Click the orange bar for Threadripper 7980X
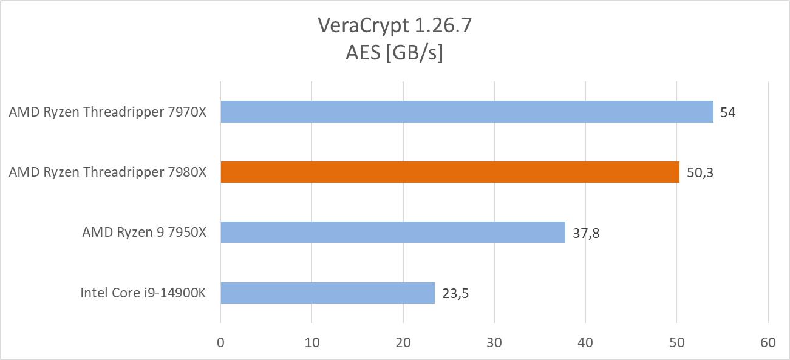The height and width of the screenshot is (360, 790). (450, 172)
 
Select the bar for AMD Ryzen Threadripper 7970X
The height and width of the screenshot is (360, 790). (466, 112)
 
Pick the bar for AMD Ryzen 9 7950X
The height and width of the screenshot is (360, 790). (393, 233)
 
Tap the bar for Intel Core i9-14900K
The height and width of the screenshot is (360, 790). (327, 293)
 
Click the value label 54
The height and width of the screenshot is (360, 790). (727, 112)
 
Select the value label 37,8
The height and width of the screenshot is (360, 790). (585, 233)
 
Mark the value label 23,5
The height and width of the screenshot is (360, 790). (455, 293)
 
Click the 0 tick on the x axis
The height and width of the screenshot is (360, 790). (220, 342)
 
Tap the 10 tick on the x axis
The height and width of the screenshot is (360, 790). (312, 342)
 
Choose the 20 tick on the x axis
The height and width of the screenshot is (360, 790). (403, 342)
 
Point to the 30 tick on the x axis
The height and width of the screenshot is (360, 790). (494, 342)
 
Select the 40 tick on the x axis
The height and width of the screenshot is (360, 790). (585, 342)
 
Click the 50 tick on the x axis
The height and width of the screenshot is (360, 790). (676, 342)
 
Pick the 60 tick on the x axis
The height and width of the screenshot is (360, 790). (768, 342)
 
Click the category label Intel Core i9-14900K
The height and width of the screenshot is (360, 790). (143, 293)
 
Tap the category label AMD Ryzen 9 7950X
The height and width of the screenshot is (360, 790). (145, 233)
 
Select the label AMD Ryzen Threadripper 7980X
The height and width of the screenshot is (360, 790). (107, 173)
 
